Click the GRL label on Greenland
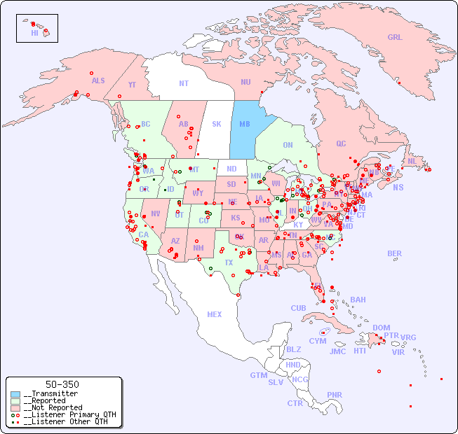click(395, 38)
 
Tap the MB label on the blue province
click(245, 125)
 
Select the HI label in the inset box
click(34, 33)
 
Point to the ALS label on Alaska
click(98, 81)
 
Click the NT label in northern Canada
click(183, 83)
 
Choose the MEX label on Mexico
click(215, 315)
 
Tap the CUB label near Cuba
click(298, 309)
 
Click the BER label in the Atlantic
click(395, 254)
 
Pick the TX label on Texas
click(229, 263)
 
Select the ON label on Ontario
click(288, 146)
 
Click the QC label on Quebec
click(341, 144)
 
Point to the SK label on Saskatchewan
click(217, 125)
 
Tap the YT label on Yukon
click(132, 85)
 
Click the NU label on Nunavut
click(245, 83)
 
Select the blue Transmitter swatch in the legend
click(15, 394)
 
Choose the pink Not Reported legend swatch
click(15, 407)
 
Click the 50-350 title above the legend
click(62, 384)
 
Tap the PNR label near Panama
click(335, 395)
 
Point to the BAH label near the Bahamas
click(358, 300)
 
